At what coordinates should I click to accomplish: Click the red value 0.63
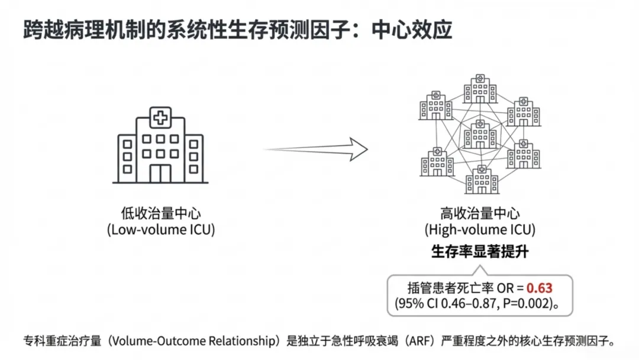(x=539, y=288)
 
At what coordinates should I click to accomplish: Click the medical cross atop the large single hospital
(x=159, y=117)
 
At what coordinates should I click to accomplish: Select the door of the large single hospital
(x=159, y=173)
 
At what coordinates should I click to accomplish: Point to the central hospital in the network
(x=480, y=134)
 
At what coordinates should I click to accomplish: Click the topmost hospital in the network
(x=480, y=89)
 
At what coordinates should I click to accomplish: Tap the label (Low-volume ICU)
(x=161, y=230)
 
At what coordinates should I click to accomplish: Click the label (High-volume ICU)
(x=479, y=230)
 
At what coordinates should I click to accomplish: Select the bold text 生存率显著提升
(x=479, y=252)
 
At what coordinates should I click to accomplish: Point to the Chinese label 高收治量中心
(x=480, y=214)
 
